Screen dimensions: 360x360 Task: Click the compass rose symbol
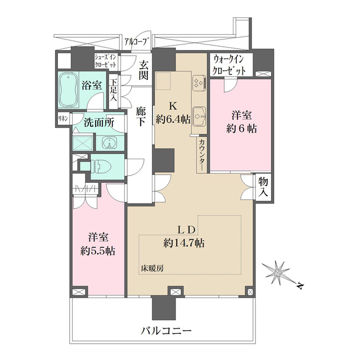tap(280, 274)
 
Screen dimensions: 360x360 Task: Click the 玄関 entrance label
tap(145, 70)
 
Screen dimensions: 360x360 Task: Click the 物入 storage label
tap(263, 187)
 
